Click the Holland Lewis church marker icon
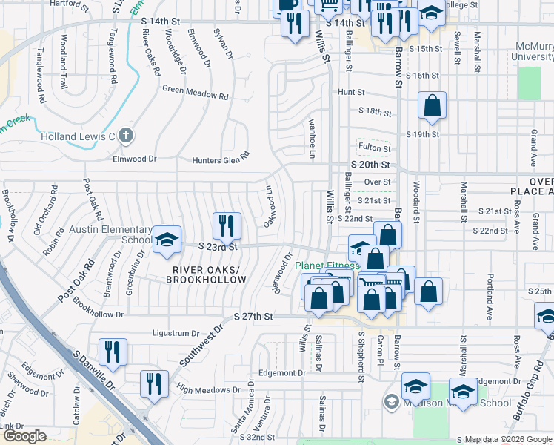pyautogui.click(x=126, y=136)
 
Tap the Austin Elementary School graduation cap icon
pyautogui.click(x=167, y=239)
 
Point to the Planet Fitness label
pyautogui.click(x=327, y=266)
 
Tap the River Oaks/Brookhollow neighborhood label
pyautogui.click(x=206, y=274)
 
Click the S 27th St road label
pyautogui.click(x=253, y=316)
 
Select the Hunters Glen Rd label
pyautogui.click(x=221, y=159)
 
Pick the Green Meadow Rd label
pyautogui.click(x=196, y=91)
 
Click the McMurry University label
pyautogui.click(x=533, y=51)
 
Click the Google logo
pyautogui.click(x=24, y=436)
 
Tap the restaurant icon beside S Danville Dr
pyautogui.click(x=113, y=352)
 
